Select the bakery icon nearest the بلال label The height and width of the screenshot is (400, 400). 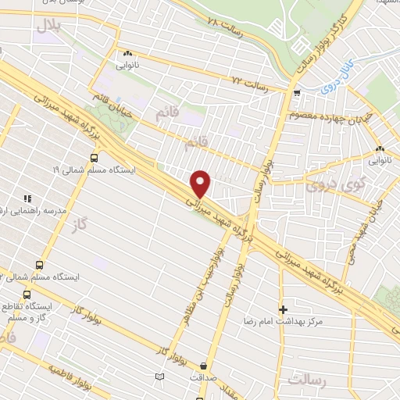(126, 53)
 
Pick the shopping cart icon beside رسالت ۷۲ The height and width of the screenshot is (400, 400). (297, 92)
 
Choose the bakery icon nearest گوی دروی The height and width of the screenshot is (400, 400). (380, 148)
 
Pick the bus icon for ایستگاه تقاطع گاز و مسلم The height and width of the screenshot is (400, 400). (27, 295)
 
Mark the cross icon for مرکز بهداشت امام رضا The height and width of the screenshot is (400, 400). (283, 309)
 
